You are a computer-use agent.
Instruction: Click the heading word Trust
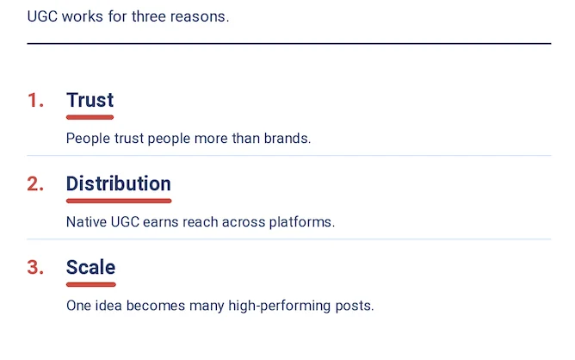click(90, 100)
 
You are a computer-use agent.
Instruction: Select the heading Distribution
click(118, 183)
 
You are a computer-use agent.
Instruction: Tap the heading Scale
click(90, 267)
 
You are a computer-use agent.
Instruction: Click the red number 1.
click(35, 101)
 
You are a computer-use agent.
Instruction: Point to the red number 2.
click(35, 184)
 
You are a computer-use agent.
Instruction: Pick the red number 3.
click(35, 268)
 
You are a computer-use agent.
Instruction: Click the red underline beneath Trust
click(90, 116)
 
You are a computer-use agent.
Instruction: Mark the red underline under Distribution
click(118, 200)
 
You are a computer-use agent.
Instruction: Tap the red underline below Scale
click(90, 283)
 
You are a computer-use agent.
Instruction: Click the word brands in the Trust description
click(288, 138)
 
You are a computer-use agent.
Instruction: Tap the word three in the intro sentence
click(147, 16)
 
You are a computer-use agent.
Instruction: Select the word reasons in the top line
click(202, 16)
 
